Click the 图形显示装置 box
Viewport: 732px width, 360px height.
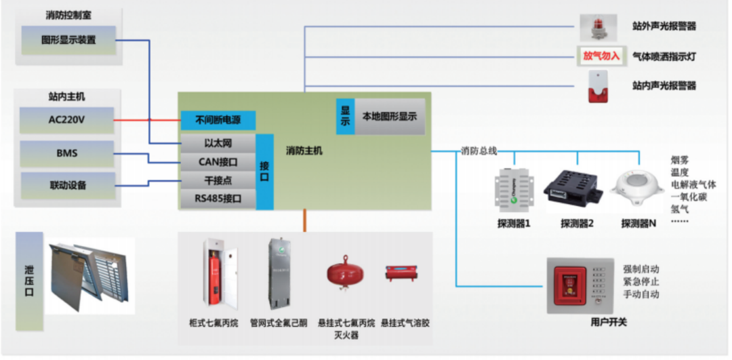(68, 40)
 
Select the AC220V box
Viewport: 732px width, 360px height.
(67, 120)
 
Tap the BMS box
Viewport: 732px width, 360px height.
(67, 154)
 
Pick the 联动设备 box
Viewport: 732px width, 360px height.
(67, 185)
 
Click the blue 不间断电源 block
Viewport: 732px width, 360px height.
(218, 121)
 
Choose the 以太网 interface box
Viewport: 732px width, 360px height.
(218, 143)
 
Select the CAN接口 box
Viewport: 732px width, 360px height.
(218, 162)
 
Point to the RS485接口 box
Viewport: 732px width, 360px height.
(218, 199)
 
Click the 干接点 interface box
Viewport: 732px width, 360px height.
(218, 181)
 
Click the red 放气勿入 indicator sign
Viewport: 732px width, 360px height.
(601, 56)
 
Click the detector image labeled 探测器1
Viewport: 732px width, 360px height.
(513, 190)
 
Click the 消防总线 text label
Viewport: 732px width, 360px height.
(479, 151)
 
